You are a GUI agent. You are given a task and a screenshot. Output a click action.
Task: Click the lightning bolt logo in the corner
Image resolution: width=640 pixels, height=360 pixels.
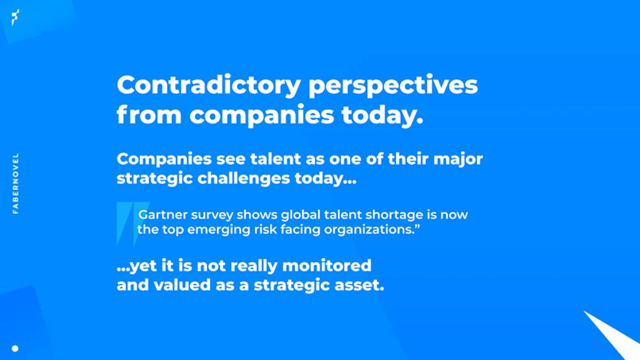(x=16, y=17)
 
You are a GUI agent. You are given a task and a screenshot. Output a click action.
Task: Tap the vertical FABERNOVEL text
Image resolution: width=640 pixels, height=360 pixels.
(x=16, y=183)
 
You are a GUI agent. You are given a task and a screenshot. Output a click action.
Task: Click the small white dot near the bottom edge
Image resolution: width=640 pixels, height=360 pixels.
(x=15, y=348)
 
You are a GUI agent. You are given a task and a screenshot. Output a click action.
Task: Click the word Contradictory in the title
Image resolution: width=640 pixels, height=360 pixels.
(x=209, y=85)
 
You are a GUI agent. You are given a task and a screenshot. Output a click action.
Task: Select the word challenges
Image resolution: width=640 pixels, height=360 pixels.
(x=244, y=178)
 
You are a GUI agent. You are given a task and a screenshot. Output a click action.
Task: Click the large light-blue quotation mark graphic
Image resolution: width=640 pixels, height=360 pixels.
(x=133, y=224)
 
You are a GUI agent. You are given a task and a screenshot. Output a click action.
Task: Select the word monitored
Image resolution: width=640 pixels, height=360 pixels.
(x=327, y=265)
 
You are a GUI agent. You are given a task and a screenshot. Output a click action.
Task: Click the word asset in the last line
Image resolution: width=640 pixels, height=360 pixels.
(x=359, y=285)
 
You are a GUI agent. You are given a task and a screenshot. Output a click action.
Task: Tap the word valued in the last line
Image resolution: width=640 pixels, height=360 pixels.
(x=182, y=285)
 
